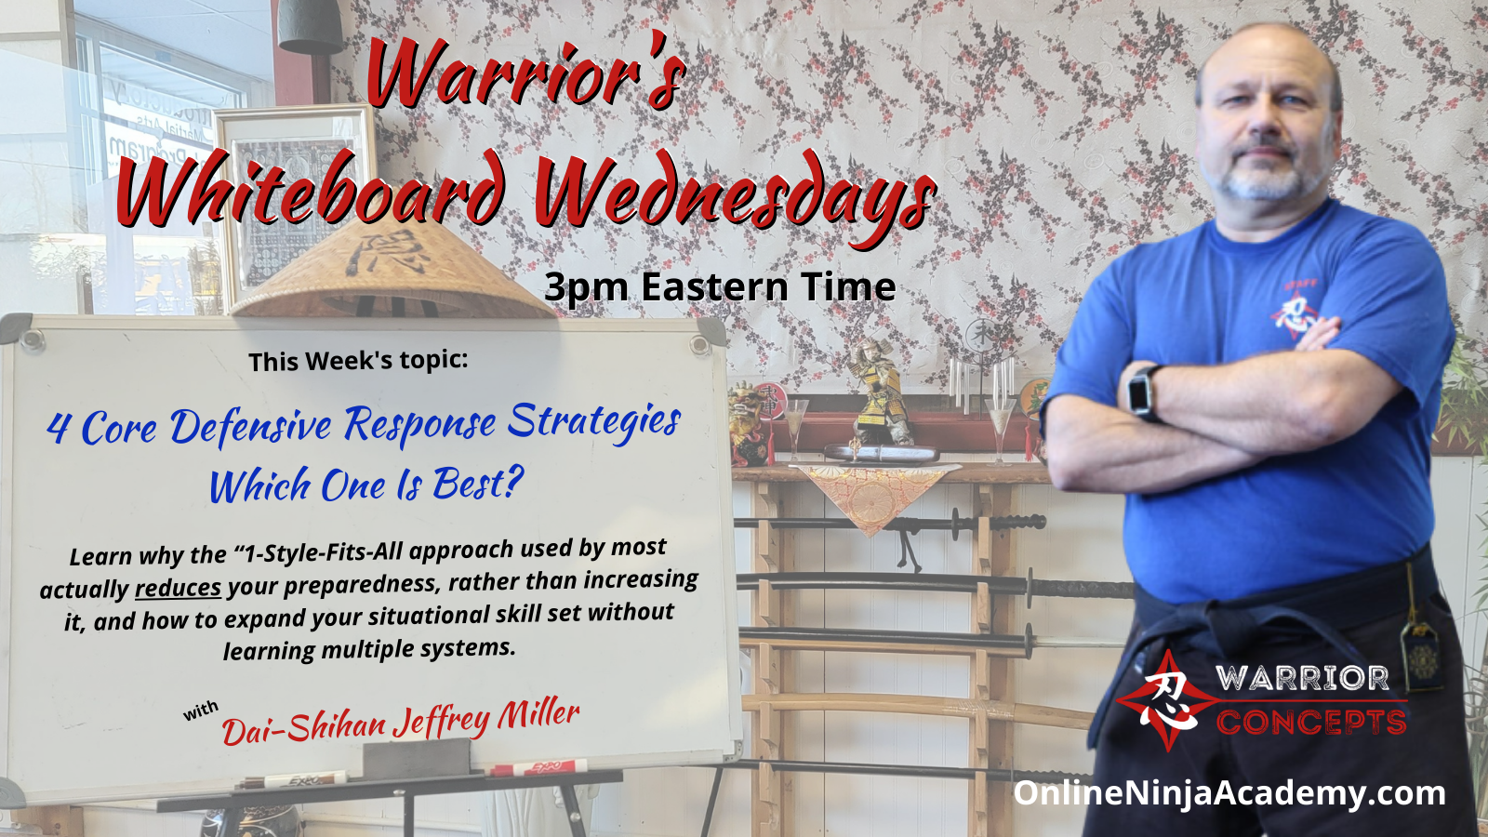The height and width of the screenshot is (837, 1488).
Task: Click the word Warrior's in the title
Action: (x=525, y=78)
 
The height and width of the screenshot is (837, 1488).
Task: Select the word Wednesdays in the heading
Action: (x=735, y=196)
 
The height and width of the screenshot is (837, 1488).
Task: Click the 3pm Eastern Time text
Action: (x=720, y=287)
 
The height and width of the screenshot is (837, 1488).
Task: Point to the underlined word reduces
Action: (x=178, y=588)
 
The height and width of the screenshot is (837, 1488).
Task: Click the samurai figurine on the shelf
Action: (x=878, y=392)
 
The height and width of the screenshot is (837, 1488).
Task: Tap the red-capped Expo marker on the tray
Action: (x=538, y=767)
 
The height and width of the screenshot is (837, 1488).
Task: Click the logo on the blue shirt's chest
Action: (x=1296, y=308)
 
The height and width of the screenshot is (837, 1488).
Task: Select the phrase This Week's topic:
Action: (x=359, y=361)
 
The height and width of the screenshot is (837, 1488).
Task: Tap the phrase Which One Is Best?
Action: (x=366, y=484)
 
